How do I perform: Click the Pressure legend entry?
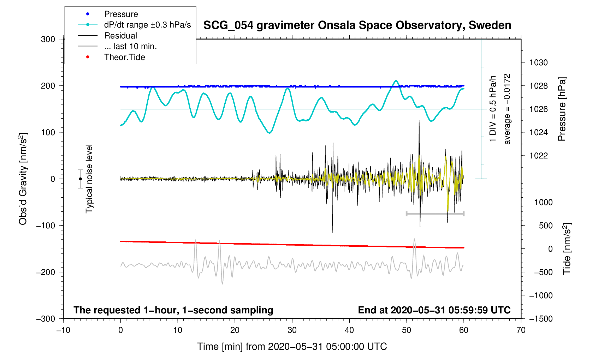[x=121, y=14]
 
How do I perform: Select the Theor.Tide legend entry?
[x=124, y=57]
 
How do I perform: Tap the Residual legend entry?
[x=120, y=36]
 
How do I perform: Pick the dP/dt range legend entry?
[x=147, y=25]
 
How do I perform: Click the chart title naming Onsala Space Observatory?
[x=357, y=25]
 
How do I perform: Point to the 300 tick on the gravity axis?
[x=48, y=39]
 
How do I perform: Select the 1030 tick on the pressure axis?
[x=538, y=63]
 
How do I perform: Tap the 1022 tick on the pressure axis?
[x=538, y=156]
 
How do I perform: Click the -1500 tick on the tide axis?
[x=540, y=319]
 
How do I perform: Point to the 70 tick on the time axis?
[x=521, y=330]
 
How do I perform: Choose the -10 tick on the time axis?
[x=63, y=330]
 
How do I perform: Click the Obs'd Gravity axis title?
[x=23, y=179]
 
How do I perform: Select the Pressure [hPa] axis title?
[x=562, y=109]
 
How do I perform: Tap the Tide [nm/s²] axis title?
[x=567, y=249]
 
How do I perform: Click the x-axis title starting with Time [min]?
[x=292, y=347]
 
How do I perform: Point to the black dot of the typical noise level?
[x=81, y=179]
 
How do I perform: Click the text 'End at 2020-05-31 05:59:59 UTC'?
[x=434, y=310]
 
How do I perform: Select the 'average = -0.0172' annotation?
[x=507, y=109]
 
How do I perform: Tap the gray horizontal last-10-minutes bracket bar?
[x=435, y=214]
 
